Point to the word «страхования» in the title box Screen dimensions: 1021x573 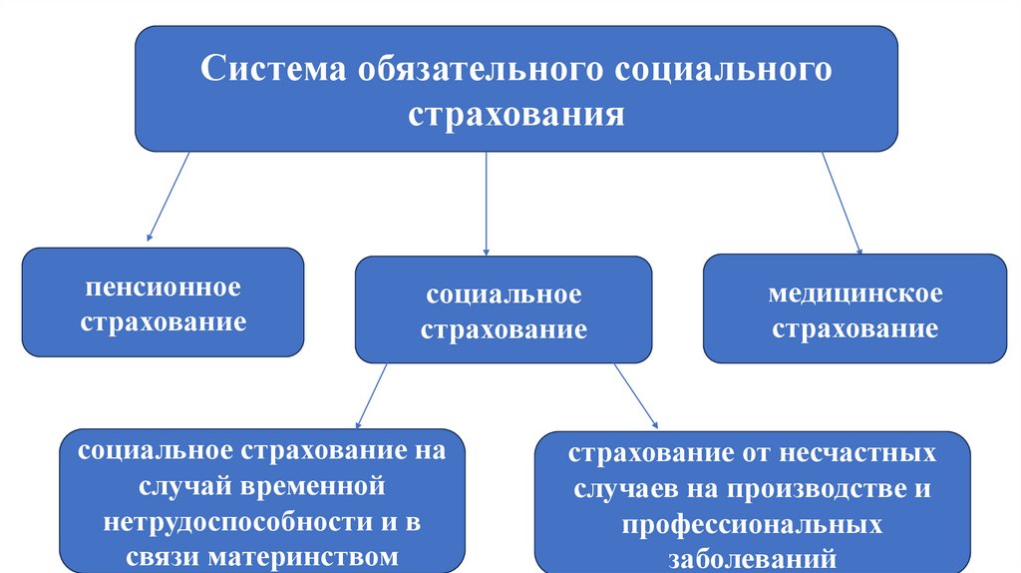point(516,113)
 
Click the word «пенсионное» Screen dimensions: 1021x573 point(164,288)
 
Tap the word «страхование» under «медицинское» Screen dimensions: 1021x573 point(855,328)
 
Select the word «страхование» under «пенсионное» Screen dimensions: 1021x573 point(164,322)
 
